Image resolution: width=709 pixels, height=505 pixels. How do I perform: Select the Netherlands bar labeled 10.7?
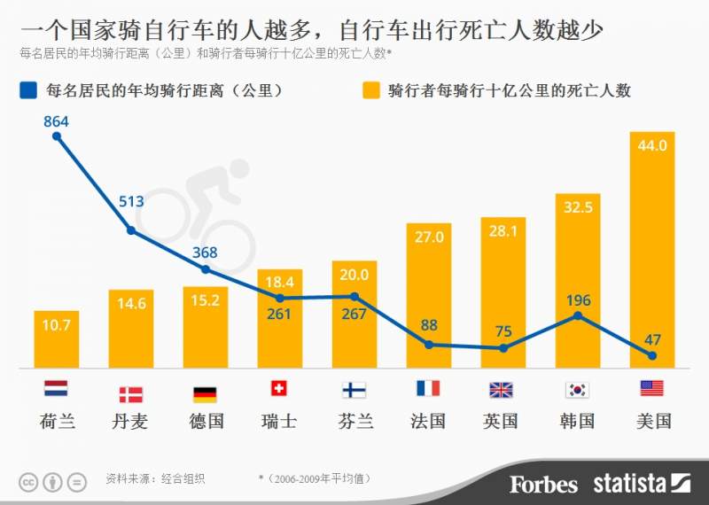pos(56,341)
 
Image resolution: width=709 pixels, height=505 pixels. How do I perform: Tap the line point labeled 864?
pos(56,136)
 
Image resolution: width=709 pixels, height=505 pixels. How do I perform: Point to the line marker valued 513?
pos(130,230)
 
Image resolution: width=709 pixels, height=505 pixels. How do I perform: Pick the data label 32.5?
pos(577,207)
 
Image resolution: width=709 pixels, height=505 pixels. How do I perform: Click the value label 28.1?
pos(503,230)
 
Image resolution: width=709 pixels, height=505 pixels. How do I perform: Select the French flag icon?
pos(428,389)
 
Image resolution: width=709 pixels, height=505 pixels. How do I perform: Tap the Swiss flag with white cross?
pos(279,389)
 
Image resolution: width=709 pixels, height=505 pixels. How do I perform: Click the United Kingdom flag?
pos(503,390)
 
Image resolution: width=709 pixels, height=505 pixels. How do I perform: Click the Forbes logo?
pos(543,484)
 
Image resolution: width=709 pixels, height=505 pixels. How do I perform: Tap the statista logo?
pos(641,484)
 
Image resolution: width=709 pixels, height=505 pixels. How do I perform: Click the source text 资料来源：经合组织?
pos(155,479)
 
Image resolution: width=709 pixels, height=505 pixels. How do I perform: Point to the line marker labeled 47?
pos(651,355)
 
